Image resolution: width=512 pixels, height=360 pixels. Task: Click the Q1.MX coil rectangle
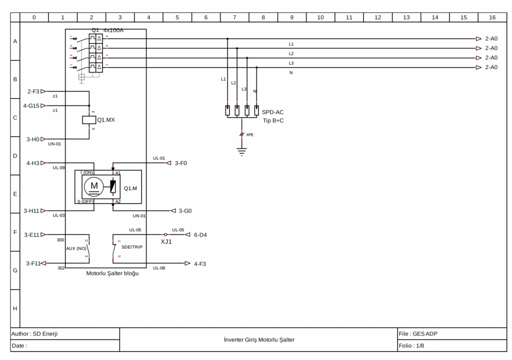[x=89, y=120]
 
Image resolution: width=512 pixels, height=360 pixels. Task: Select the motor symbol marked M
[x=94, y=186]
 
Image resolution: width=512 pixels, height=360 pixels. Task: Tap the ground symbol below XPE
[x=242, y=152]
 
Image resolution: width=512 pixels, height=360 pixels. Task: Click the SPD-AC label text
[x=272, y=112]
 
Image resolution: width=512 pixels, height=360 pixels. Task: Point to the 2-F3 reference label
[x=33, y=91]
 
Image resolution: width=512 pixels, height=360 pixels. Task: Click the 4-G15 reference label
[x=31, y=105]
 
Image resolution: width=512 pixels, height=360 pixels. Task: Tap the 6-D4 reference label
[x=200, y=234]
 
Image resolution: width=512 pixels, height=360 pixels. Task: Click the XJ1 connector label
[x=166, y=241]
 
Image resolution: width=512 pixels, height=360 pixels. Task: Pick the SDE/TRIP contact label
[x=131, y=246]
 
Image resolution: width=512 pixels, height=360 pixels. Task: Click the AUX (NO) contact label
[x=76, y=248]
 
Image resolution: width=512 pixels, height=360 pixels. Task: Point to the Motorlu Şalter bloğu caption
[x=112, y=273]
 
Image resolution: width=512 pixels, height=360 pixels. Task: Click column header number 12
[x=377, y=17]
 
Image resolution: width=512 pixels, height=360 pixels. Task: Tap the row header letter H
[x=15, y=308]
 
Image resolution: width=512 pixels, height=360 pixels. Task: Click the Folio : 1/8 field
[x=412, y=345]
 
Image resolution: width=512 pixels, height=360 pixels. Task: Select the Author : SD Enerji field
[x=34, y=333]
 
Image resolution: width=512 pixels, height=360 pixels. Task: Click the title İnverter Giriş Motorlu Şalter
[x=259, y=339]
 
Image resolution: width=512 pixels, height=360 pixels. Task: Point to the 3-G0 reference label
[x=185, y=211]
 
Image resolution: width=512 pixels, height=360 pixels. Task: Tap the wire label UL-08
[x=159, y=268]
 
